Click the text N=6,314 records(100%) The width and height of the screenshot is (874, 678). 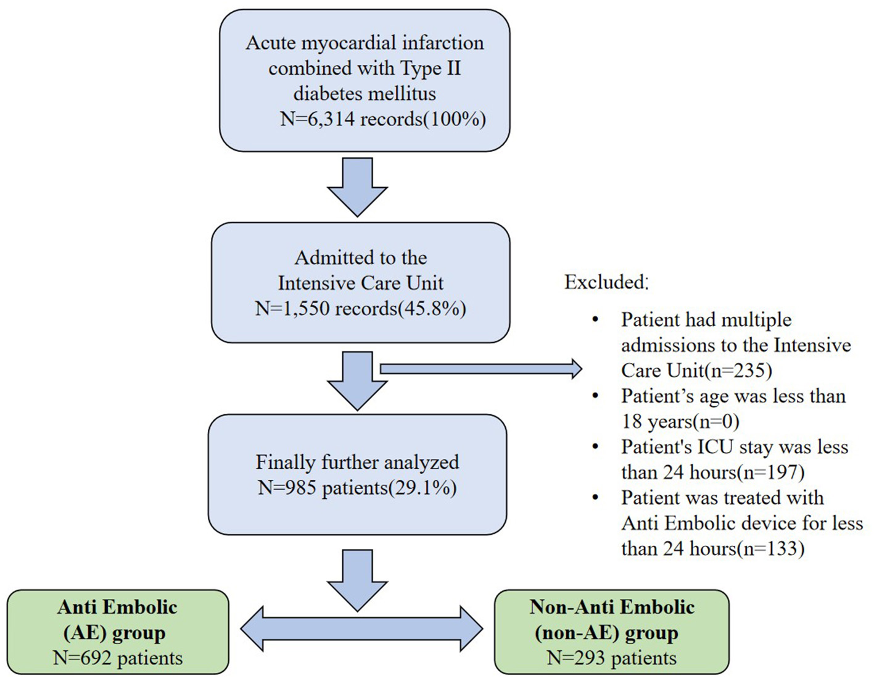pos(382,119)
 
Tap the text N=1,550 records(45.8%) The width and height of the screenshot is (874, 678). pos(360,308)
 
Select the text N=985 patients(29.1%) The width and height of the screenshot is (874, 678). pos(357,488)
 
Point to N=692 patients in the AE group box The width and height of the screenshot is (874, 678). pos(118,658)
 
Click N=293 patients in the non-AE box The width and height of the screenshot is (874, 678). pos(611,658)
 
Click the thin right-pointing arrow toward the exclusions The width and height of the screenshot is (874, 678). pos(481,369)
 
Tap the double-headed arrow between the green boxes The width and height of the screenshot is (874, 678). pos(361,629)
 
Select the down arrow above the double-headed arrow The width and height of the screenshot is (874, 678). pos(357,579)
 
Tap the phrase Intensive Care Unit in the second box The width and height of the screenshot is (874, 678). pos(360,283)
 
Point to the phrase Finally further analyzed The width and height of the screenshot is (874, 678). pos(357,462)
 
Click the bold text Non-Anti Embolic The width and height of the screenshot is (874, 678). pos(611,607)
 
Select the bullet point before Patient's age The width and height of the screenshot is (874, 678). pos(595,396)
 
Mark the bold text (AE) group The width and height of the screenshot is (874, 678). pos(115,633)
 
